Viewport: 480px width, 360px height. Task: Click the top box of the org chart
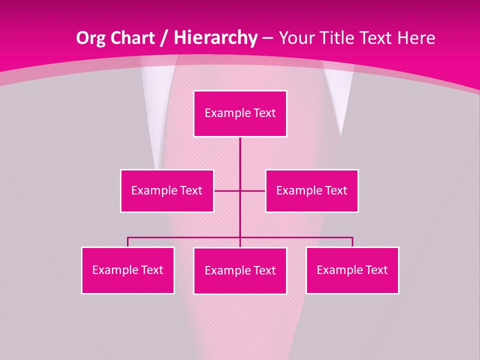(x=240, y=113)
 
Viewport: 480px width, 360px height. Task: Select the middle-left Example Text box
(x=167, y=190)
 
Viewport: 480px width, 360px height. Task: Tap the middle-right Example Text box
(x=311, y=190)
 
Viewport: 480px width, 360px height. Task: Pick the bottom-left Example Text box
(x=128, y=270)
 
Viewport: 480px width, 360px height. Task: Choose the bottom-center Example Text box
(x=240, y=270)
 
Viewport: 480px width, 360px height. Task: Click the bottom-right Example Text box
(x=352, y=270)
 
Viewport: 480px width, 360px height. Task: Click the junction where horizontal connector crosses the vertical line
(x=240, y=190)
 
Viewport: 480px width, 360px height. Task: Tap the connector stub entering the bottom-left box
(x=128, y=242)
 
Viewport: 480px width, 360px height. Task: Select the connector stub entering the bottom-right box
(x=352, y=242)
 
